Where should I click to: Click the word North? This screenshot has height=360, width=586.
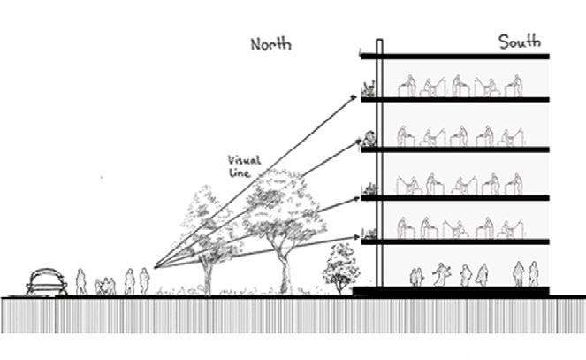click(270, 44)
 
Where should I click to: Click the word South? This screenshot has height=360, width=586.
click(519, 42)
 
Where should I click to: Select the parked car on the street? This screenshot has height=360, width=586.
click(48, 283)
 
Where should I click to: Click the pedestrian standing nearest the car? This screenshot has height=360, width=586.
click(81, 282)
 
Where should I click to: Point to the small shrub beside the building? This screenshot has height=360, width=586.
click(339, 265)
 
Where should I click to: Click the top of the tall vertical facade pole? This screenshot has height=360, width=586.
click(378, 43)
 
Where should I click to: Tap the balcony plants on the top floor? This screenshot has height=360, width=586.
click(368, 88)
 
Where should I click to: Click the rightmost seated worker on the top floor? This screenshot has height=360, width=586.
click(513, 86)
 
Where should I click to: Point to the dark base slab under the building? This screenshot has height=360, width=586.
click(451, 291)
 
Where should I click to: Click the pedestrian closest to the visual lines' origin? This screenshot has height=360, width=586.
click(143, 280)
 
